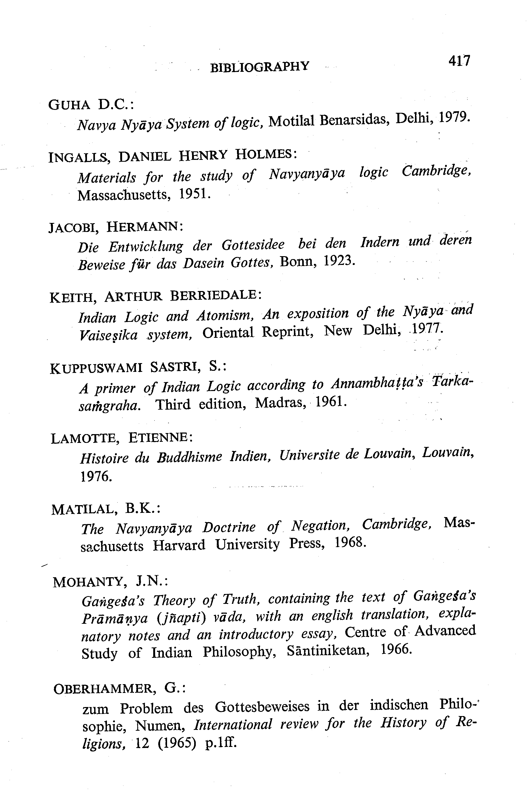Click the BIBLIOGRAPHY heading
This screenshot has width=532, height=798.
[260, 66]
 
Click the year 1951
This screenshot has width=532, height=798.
[194, 194]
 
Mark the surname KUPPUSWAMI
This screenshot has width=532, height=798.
[96, 368]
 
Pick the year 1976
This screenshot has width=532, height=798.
[96, 477]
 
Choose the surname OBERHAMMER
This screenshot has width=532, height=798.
[105, 689]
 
